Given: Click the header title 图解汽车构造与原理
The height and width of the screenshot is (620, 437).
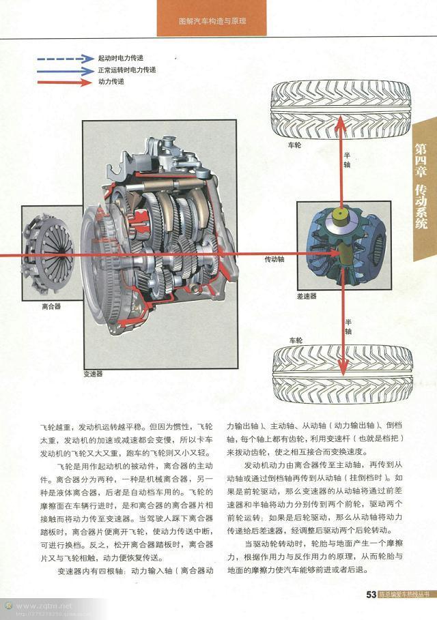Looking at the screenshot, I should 212,21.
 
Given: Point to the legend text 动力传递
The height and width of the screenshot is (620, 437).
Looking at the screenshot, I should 111,82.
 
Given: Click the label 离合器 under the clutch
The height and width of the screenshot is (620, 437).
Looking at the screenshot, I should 51,307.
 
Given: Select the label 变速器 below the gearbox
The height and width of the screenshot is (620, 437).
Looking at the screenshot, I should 93,374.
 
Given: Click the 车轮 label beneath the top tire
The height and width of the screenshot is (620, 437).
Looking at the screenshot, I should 294,145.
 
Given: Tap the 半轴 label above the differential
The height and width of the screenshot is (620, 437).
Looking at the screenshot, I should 348,160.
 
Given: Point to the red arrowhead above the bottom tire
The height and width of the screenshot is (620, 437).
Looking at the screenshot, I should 341,342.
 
